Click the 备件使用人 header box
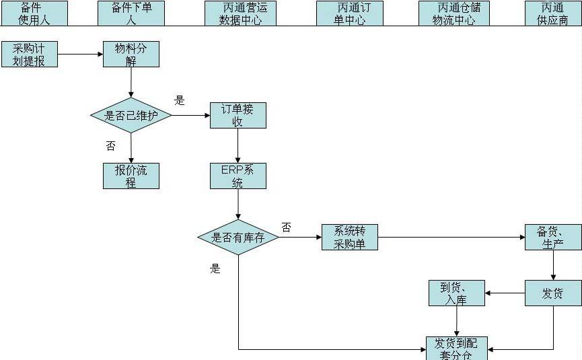click(34, 13)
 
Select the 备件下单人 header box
click(131, 13)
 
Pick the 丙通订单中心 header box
click(349, 13)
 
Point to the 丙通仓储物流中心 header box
click(454, 13)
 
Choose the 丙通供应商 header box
click(553, 13)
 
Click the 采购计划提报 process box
click(29, 54)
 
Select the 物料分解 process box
click(131, 54)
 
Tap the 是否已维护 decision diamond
click(131, 115)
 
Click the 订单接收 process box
click(238, 115)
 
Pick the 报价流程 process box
click(131, 176)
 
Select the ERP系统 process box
click(238, 176)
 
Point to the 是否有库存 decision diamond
click(238, 238)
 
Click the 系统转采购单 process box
click(350, 238)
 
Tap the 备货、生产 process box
click(553, 238)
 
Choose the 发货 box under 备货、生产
click(553, 293)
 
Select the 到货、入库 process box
click(457, 293)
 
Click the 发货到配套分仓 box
click(457, 348)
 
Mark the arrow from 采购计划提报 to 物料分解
click(80, 54)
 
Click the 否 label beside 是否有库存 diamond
click(287, 227)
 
